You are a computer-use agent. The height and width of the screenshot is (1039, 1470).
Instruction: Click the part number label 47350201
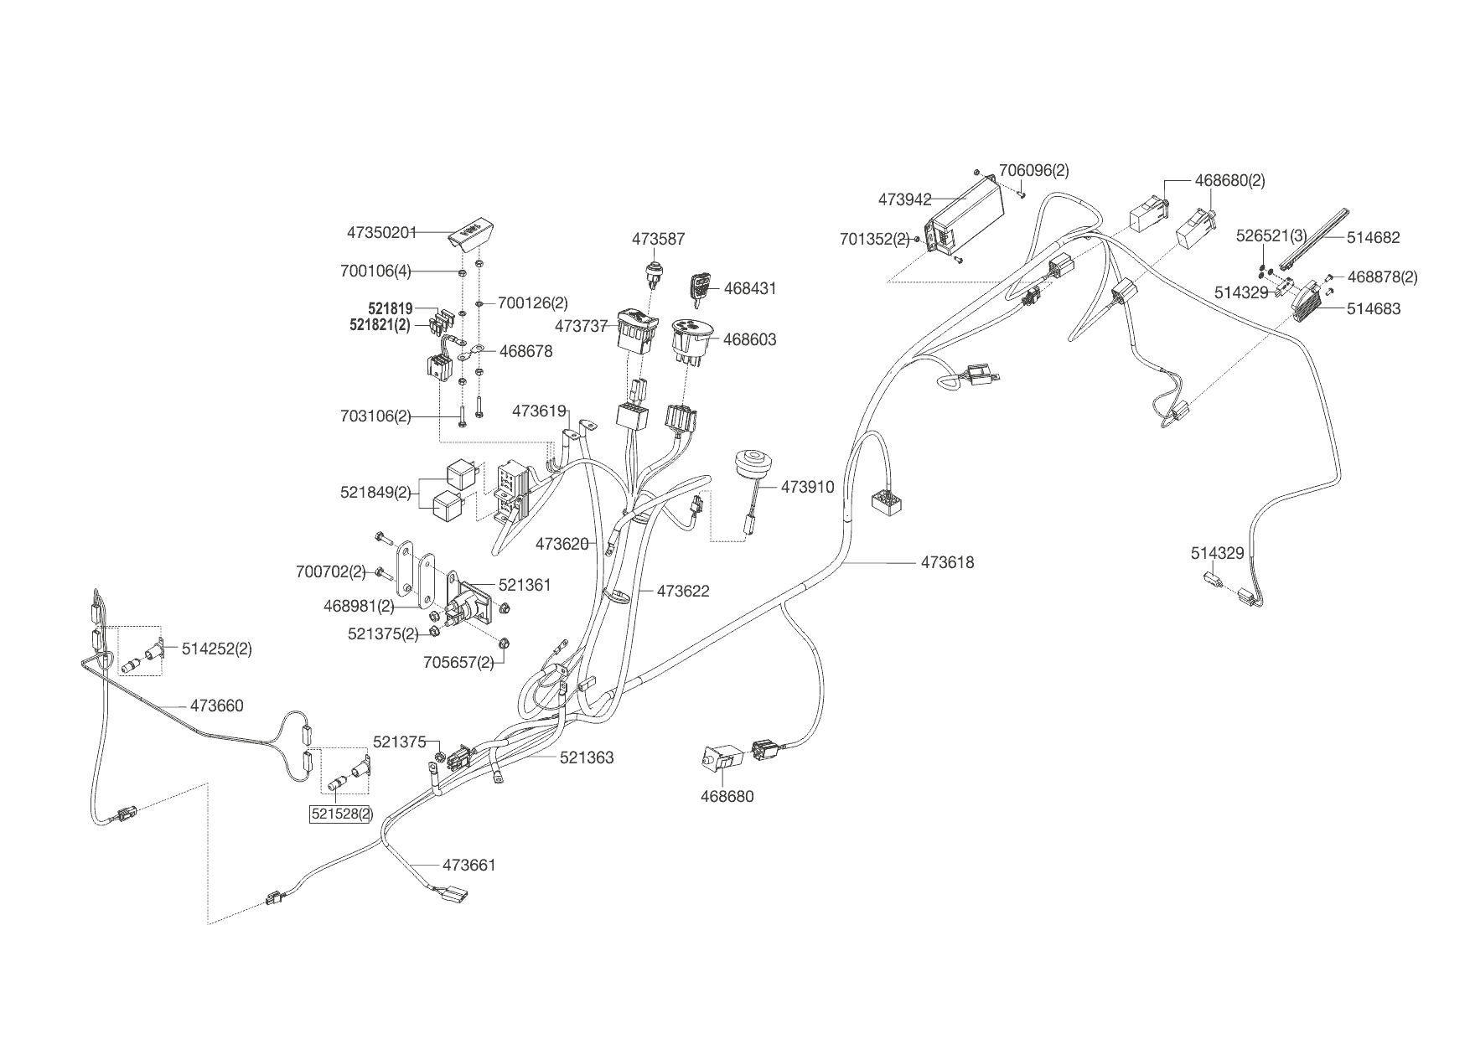381,232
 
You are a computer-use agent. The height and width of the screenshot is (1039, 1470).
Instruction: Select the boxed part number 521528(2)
341,814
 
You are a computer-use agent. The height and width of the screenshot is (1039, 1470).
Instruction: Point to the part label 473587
658,239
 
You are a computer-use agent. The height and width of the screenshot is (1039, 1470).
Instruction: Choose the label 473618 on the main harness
947,562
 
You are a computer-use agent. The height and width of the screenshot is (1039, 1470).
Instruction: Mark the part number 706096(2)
1033,170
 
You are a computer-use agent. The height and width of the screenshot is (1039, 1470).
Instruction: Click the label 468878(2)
1382,277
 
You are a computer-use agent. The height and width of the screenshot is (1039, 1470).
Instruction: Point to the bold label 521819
380,308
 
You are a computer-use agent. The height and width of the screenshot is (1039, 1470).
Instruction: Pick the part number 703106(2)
375,416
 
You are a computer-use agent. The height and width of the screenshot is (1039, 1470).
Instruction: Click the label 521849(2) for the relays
375,492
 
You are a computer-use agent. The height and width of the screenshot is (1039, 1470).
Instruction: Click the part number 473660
216,706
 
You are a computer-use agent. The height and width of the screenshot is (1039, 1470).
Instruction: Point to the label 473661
468,864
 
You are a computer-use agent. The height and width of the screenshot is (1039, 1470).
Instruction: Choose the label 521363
587,757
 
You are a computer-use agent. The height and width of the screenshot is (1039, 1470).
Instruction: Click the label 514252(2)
216,649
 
